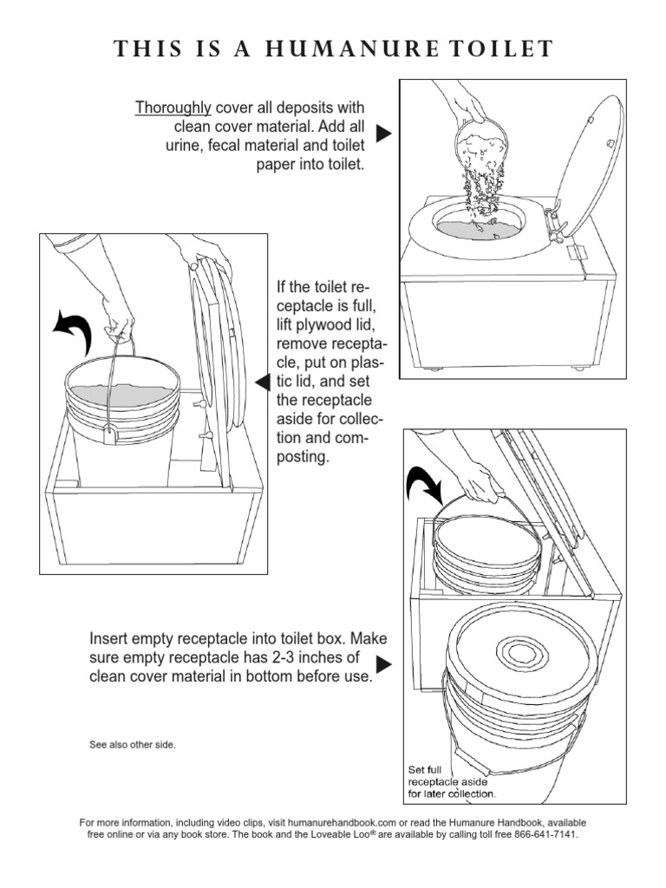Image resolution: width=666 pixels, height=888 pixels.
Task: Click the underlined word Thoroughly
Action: (173, 108)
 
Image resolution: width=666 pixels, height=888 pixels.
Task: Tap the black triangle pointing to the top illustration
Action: (383, 134)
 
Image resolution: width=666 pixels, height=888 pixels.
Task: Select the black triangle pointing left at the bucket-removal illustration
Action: (259, 382)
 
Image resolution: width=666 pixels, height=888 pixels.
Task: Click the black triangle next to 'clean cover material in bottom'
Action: (383, 664)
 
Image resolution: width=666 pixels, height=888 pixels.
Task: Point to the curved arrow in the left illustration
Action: (74, 329)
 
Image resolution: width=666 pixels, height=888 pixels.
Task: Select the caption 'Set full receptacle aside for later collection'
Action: (451, 781)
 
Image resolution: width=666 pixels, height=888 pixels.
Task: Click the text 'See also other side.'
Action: (133, 744)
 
